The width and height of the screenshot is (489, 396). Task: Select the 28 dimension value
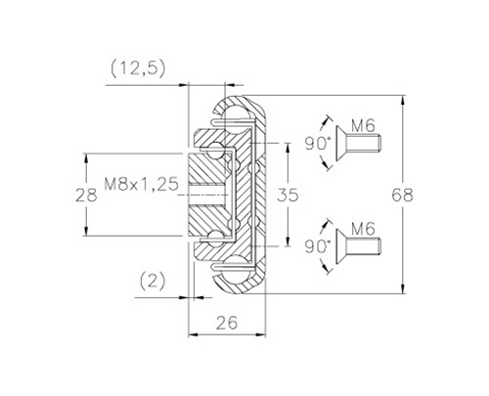86,196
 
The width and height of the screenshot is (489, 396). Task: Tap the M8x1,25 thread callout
142,184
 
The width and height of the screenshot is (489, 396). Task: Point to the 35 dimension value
288,195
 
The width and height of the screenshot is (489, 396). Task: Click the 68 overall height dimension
402,196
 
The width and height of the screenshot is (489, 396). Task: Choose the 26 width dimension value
227,323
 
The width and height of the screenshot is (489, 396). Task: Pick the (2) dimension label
153,281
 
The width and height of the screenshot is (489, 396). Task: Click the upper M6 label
363,126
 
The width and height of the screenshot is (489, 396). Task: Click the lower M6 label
363,229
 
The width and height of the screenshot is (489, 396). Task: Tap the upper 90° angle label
318,144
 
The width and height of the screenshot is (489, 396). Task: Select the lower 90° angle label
318,246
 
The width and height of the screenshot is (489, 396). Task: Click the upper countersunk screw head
341,143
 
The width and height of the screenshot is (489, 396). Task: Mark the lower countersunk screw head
341,246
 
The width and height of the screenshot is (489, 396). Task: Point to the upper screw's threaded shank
363,143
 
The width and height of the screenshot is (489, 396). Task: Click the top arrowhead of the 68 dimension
404,100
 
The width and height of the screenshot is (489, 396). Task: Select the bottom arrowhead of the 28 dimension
86,231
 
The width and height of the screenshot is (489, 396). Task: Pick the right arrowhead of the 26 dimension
261,334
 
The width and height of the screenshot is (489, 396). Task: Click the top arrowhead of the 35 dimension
288,148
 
